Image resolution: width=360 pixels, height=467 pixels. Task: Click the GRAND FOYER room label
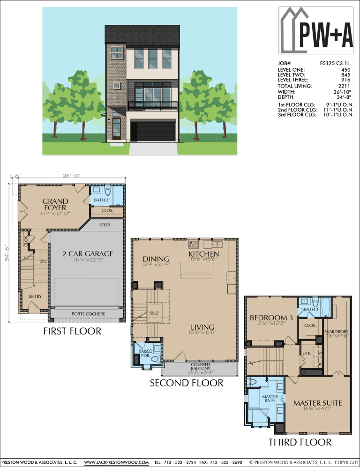55,205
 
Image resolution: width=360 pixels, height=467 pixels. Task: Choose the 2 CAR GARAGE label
88,254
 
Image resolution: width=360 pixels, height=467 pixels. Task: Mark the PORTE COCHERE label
88,314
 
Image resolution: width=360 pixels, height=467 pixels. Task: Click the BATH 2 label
101,200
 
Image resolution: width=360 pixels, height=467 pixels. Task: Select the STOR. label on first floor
105,225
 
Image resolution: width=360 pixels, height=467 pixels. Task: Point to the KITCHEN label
204,253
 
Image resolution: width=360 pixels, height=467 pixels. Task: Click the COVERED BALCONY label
201,367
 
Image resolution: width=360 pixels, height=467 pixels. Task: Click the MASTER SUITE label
317,403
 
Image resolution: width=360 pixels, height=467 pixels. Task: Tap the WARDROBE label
337,333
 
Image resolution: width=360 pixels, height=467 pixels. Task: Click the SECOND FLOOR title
186,383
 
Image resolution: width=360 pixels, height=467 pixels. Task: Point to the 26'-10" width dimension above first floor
72,176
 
